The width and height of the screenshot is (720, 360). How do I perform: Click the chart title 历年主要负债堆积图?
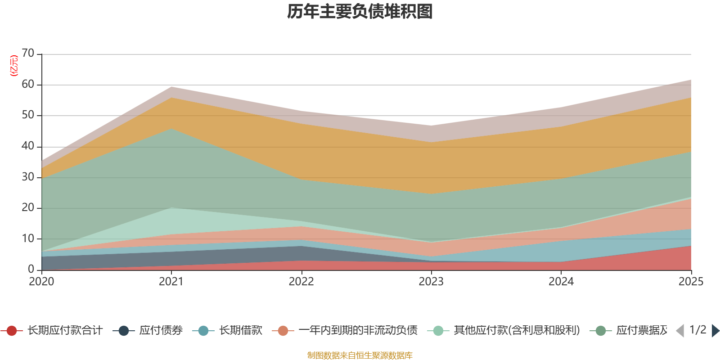click(x=360, y=12)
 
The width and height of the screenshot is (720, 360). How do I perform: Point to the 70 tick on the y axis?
click(x=28, y=54)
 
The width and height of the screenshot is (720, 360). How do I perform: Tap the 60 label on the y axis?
click(x=28, y=84)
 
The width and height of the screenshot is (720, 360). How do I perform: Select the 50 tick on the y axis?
click(x=28, y=115)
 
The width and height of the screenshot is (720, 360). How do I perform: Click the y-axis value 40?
click(x=28, y=146)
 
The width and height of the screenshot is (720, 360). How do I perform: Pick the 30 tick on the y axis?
click(x=28, y=177)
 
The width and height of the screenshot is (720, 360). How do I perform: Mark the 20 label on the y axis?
click(x=28, y=207)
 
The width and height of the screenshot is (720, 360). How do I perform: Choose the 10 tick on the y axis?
click(x=28, y=238)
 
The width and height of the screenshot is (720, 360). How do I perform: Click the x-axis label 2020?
click(x=41, y=282)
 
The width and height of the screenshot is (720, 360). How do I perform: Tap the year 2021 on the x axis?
click(x=171, y=282)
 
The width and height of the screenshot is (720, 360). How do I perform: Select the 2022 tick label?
click(x=301, y=282)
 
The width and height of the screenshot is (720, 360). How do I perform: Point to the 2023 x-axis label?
click(x=431, y=282)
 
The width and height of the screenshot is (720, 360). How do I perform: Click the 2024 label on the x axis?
click(x=561, y=282)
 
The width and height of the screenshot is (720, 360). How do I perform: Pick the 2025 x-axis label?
click(x=690, y=282)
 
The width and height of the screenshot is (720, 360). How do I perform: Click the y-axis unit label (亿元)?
click(x=14, y=66)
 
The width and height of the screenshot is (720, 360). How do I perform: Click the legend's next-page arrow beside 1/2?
click(x=715, y=331)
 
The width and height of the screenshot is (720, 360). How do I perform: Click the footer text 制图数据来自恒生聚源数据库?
click(x=360, y=355)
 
